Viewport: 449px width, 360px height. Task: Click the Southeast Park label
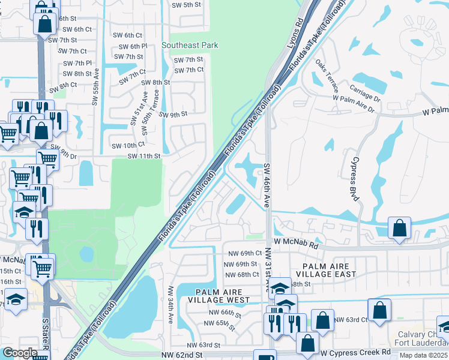(x=190, y=45)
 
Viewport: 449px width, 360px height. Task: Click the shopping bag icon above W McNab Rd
(x=400, y=229)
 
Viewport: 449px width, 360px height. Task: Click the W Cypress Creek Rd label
(x=355, y=353)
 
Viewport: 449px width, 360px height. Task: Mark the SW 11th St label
(x=144, y=156)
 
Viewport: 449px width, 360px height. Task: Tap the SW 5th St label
(x=185, y=5)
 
